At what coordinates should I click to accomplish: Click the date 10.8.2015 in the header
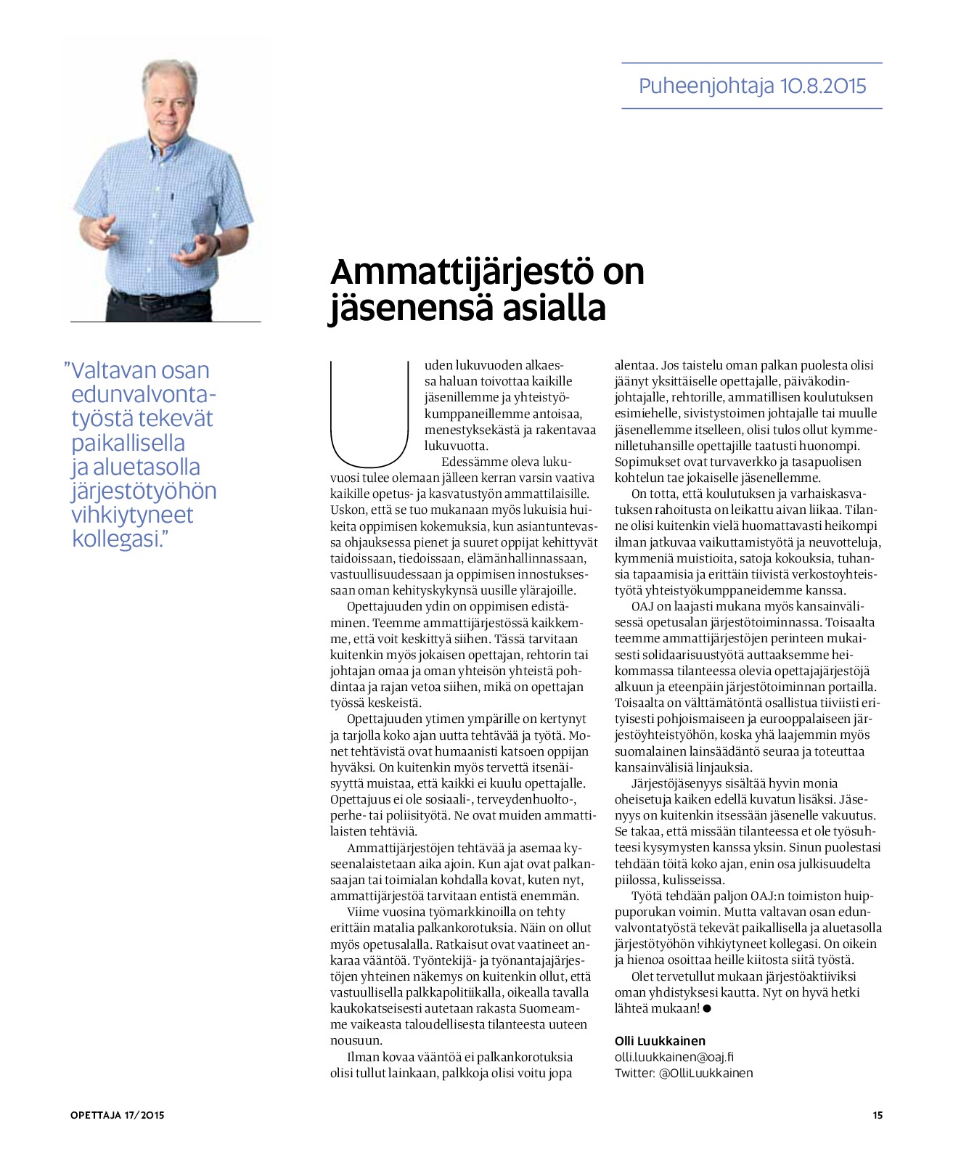coord(823,86)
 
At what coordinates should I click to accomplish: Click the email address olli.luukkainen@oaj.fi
coord(674,1057)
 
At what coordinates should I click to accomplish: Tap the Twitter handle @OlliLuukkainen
coord(705,1073)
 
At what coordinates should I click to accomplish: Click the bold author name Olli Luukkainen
coord(659,1041)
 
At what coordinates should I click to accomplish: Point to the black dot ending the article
coord(707,1008)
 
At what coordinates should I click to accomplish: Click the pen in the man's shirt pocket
coord(173,196)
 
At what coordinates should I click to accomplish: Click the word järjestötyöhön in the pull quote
coord(144,491)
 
